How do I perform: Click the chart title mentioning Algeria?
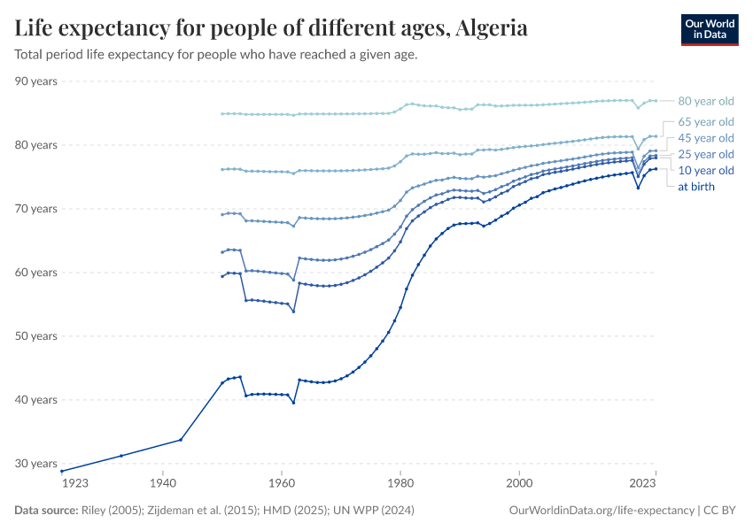(271, 28)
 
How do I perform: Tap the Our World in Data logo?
(709, 29)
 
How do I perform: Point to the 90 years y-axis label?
(36, 81)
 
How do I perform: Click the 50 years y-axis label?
(36, 336)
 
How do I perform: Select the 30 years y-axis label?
(36, 464)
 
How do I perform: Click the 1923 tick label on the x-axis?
(74, 483)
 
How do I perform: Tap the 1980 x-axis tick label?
(400, 483)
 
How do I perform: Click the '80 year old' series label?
(705, 101)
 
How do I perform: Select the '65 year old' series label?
(705, 121)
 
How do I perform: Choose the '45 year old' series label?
(705, 138)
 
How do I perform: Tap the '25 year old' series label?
(705, 155)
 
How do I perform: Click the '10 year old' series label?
(705, 171)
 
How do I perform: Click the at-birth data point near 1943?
(181, 440)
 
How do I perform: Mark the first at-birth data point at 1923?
(62, 471)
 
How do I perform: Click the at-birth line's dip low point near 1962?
(293, 403)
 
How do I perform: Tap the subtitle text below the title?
(216, 55)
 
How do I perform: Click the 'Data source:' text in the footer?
(46, 511)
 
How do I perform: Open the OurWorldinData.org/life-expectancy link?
(602, 511)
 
